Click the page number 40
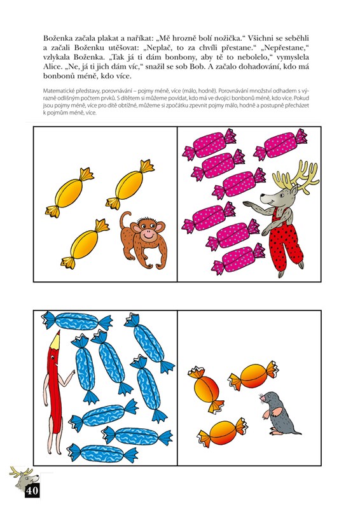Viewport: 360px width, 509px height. tap(32, 490)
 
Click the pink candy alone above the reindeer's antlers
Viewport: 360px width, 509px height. tap(280, 144)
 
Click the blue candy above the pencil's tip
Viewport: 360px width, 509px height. tap(77, 321)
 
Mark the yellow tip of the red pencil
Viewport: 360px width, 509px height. tap(55, 339)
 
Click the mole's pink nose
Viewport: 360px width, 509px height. tap(260, 395)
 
